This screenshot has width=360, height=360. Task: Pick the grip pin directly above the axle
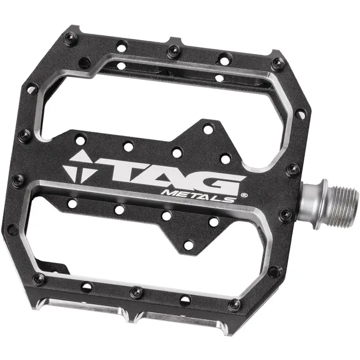293,169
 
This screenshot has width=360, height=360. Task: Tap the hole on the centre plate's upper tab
207,129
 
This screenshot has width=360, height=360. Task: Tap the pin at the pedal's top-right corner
278,63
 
